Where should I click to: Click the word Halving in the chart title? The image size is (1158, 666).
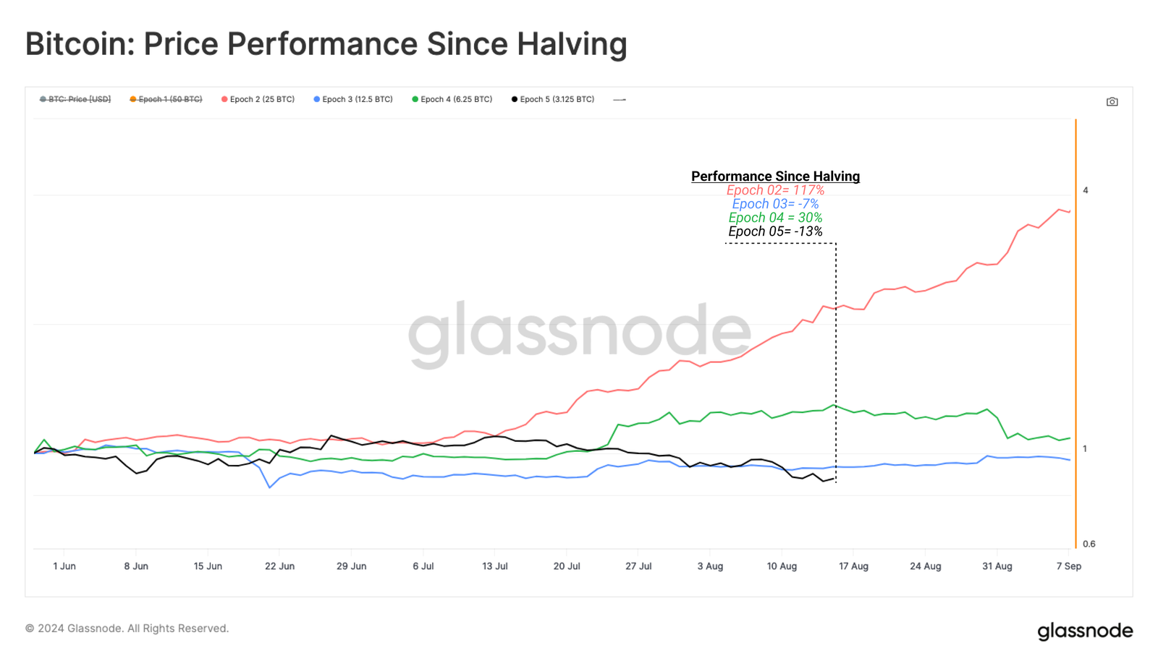[x=571, y=43]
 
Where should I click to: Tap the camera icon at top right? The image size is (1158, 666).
[x=1112, y=102]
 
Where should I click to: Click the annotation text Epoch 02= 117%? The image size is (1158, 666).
[x=775, y=190]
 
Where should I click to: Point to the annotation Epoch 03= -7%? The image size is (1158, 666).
[x=775, y=204]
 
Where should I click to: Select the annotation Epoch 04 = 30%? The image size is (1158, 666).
[x=775, y=218]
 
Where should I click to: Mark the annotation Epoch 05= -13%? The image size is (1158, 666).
[x=775, y=231]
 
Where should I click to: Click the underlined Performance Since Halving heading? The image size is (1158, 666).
[x=775, y=176]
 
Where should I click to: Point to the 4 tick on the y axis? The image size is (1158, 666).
[x=1085, y=190]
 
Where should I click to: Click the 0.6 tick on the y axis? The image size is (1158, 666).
[x=1089, y=544]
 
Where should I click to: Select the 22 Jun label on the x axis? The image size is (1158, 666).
[x=279, y=566]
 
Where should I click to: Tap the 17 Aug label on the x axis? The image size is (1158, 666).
[x=853, y=566]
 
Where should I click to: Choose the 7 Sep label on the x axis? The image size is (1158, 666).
[x=1068, y=566]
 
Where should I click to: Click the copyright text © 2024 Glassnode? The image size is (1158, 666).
[x=127, y=628]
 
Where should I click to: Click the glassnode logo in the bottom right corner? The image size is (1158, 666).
[x=1084, y=631]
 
